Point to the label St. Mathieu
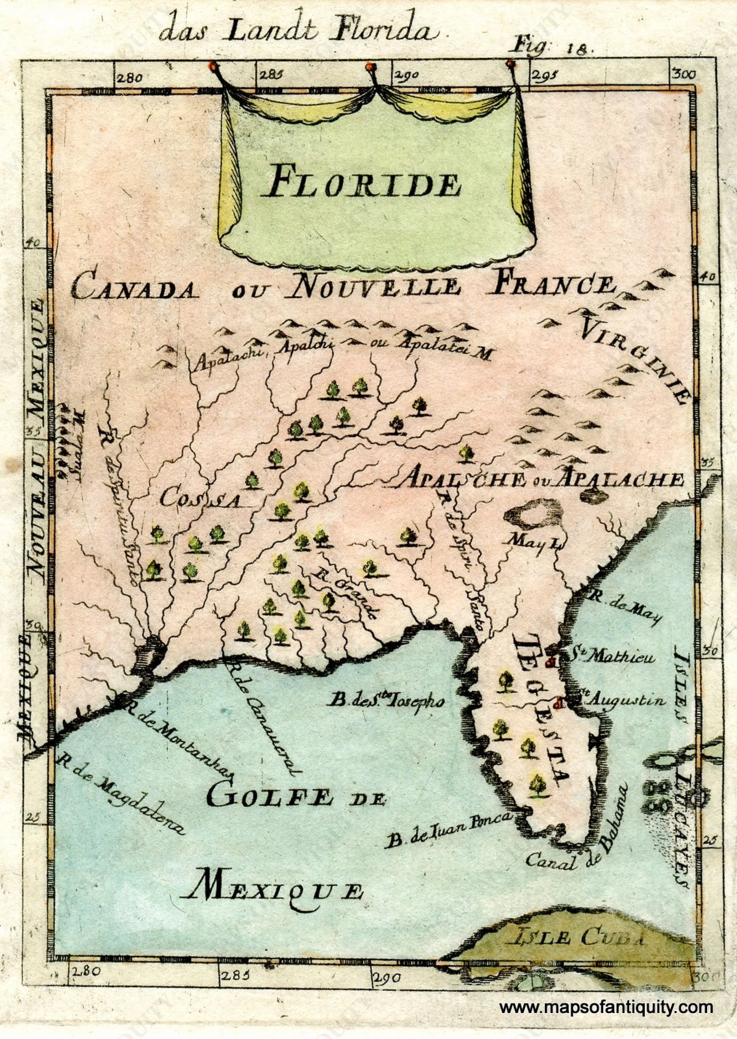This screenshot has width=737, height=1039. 612,657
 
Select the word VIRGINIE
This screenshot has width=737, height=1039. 638,358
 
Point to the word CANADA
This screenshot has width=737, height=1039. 135,288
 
